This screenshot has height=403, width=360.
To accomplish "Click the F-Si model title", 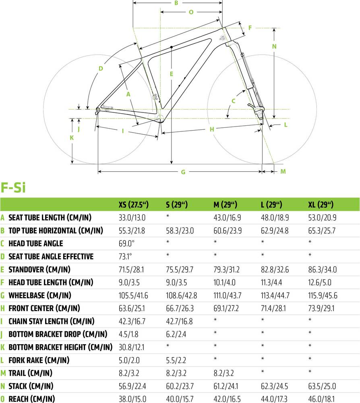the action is [13, 187].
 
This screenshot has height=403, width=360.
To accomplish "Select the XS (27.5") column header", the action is [134, 205].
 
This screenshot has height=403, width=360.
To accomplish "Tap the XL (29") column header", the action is [321, 205].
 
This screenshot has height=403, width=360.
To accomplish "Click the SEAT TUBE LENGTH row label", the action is [50, 218].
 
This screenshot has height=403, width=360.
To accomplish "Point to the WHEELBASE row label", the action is [40, 295].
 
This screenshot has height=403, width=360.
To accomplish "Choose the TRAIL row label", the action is [30, 373].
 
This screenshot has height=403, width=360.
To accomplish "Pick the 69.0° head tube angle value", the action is [126, 243].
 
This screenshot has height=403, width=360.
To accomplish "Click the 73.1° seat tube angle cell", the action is [125, 256].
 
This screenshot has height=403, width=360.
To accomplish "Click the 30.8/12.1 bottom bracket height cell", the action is [131, 347].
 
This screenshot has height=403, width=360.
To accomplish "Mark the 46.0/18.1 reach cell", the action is [321, 399].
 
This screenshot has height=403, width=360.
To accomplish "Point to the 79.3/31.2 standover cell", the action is [226, 269].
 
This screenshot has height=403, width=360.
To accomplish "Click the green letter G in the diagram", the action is [183, 172].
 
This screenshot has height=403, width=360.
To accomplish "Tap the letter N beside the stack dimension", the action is [274, 46].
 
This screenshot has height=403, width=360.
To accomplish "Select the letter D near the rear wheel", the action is [101, 69].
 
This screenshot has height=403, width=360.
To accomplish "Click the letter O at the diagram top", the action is [191, 12].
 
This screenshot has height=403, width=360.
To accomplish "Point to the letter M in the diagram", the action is [283, 171].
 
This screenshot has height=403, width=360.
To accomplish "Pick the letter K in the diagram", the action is [72, 138].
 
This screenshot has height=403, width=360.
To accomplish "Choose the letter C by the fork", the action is [234, 101].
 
